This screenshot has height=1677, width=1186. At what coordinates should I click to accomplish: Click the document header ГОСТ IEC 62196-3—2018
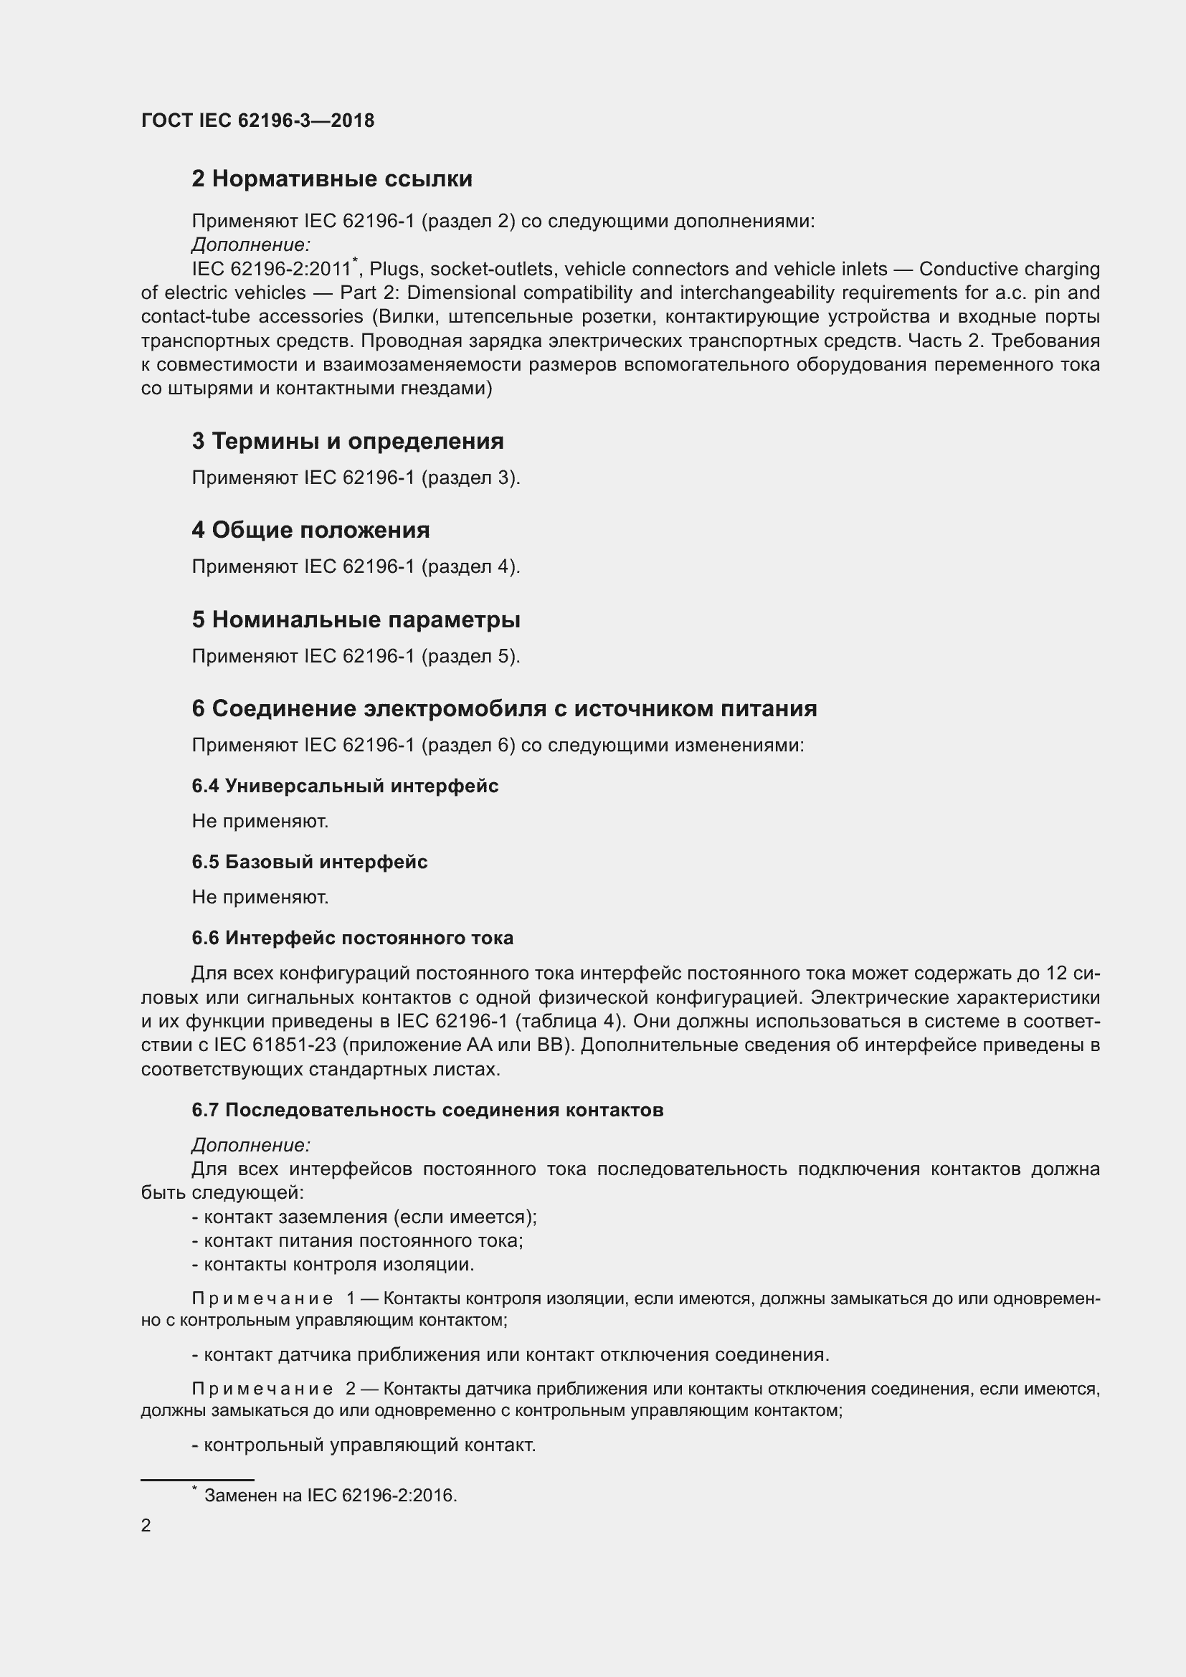coord(257,120)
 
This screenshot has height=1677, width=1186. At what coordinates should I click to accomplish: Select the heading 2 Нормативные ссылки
coord(331,179)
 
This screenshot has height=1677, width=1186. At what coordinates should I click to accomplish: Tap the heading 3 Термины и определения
coord(348,440)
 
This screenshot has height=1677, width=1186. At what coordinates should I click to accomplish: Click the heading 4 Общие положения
coord(310,530)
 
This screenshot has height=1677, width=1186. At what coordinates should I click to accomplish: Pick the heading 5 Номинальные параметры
coord(356,619)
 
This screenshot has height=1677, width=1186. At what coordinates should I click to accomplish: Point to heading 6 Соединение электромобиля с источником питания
coord(504,708)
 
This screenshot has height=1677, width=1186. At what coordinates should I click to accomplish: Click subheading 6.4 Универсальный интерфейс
coord(345,786)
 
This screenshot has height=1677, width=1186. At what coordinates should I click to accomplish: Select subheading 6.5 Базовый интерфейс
coord(310,862)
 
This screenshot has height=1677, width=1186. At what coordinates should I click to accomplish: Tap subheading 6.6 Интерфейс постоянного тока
coord(352,938)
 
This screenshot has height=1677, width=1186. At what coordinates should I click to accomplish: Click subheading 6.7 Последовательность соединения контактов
coord(427,1110)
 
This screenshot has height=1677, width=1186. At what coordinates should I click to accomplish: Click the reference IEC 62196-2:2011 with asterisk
coord(273,269)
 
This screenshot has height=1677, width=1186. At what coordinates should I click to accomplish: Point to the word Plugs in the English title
coord(394,269)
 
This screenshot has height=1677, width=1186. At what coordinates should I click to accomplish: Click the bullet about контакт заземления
coord(364,1217)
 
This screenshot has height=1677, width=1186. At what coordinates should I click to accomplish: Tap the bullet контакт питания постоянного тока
coord(357,1240)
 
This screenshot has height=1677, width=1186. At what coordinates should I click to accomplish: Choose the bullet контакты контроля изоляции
coord(333,1264)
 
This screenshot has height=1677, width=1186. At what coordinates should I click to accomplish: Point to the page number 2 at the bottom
coord(146,1525)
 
